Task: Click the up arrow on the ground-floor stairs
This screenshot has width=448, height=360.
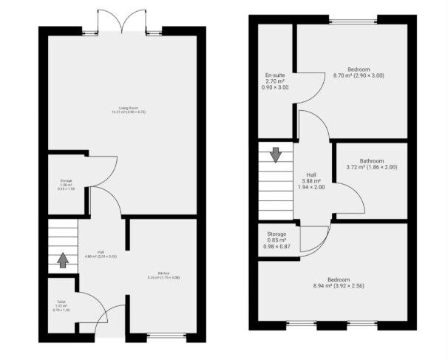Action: (x=63, y=260)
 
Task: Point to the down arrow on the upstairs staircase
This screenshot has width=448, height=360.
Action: (x=275, y=154)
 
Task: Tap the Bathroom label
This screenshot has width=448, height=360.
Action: (x=372, y=161)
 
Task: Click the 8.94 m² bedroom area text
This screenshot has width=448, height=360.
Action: (x=339, y=285)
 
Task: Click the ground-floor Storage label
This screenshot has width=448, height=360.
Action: (x=66, y=180)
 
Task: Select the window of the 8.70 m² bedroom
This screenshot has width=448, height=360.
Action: (x=352, y=20)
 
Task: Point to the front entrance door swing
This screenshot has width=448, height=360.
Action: (x=112, y=318)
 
